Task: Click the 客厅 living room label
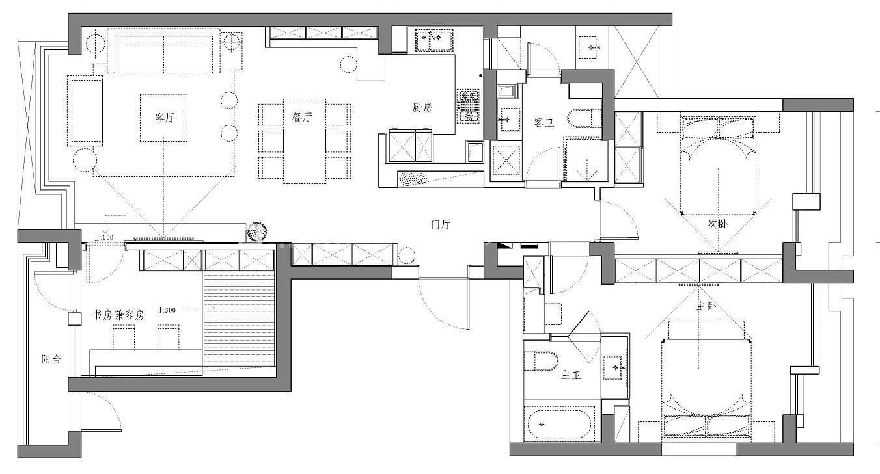165,117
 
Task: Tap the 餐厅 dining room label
302,117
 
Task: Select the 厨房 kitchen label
422,107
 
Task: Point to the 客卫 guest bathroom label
544,123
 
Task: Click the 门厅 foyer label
441,224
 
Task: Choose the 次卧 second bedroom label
718,224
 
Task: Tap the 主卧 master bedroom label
706,306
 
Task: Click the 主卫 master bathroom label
571,376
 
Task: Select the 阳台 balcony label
51,359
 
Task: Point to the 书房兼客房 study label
118,315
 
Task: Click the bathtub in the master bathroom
558,424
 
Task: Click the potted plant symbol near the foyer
256,231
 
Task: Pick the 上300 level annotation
166,310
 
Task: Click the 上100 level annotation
104,237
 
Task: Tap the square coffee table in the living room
163,118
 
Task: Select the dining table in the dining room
305,141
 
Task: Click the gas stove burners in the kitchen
469,106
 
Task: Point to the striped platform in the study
240,318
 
